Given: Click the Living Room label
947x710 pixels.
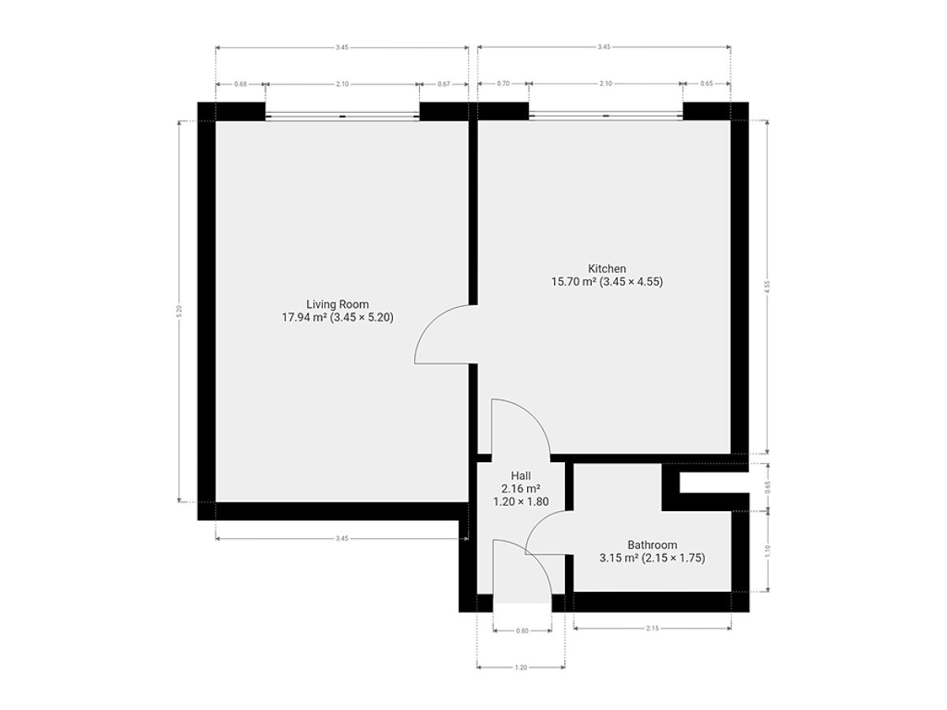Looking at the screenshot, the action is tap(338, 305).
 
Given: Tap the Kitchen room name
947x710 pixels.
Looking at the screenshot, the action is tap(607, 268).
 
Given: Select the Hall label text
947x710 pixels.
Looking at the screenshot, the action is tap(521, 476).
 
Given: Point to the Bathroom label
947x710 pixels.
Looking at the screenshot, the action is tap(652, 545).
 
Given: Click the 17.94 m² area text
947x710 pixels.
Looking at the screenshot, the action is tap(304, 318).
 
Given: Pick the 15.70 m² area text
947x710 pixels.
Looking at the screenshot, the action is tap(574, 282).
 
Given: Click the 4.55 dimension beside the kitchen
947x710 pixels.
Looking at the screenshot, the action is tap(766, 286).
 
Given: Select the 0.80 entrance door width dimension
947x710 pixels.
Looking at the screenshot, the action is tap(522, 630).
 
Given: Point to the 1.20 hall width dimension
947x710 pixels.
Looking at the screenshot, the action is tap(521, 667).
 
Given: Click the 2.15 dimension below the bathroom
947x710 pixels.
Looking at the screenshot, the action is tap(653, 629).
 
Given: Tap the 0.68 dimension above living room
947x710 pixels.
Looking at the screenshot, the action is tap(241, 84).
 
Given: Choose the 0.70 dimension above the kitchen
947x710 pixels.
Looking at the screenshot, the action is tap(503, 84).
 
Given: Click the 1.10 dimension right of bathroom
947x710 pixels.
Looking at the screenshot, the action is tap(766, 551).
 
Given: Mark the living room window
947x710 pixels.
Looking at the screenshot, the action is tap(342, 116).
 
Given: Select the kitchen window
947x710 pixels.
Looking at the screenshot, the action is tap(606, 115).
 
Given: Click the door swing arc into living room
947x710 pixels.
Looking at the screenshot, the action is tap(432, 323).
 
